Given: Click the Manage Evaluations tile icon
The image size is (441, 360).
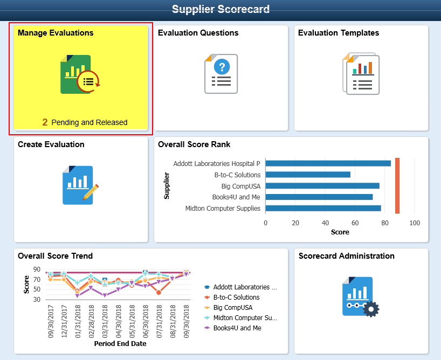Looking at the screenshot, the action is point(80,74).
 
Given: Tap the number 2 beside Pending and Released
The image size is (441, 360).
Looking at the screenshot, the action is point(45,122).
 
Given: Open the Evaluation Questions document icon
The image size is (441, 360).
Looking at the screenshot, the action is point(221,74).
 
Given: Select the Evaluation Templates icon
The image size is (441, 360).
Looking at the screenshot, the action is point(361,74).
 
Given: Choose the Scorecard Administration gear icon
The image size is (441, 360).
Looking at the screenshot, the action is point(371,309).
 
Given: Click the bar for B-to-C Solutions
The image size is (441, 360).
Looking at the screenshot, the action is point(308,175).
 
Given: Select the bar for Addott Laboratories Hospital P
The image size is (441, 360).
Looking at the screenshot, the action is point(328,163).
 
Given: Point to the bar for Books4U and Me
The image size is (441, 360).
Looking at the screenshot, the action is point(319,197).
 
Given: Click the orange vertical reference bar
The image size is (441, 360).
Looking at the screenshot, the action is point(397,185).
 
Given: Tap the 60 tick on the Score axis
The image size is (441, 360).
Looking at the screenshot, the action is point(355,223).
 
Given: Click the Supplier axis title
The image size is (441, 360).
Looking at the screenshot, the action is point(167,185).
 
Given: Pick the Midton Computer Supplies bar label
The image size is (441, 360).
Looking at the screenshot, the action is point(223,209).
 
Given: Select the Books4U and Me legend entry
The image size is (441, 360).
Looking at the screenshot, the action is point(232,328).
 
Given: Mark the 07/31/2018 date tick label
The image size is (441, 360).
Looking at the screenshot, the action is point(159,322).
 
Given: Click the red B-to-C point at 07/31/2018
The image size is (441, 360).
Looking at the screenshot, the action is point(159,293).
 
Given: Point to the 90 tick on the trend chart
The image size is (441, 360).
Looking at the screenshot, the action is point(37,269).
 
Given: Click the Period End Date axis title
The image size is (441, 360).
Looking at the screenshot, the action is point(120,344).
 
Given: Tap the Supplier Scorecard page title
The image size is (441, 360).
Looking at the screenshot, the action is point(221,9).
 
